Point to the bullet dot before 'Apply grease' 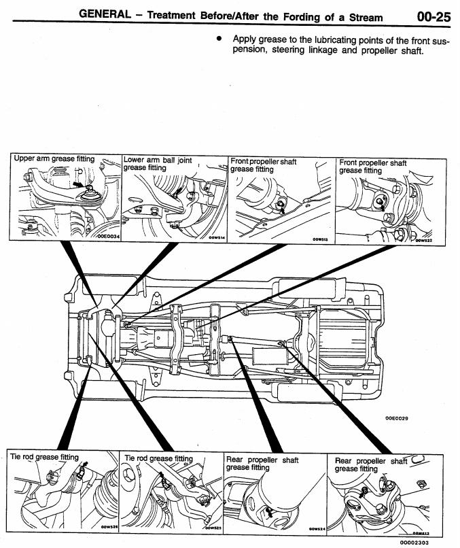tap(219, 40)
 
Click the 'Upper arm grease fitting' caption tap(54, 159)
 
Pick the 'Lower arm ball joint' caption tap(158, 161)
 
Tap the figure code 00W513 tap(319, 239)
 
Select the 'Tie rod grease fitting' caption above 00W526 tap(45, 457)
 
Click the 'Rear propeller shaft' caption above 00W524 tap(262, 460)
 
